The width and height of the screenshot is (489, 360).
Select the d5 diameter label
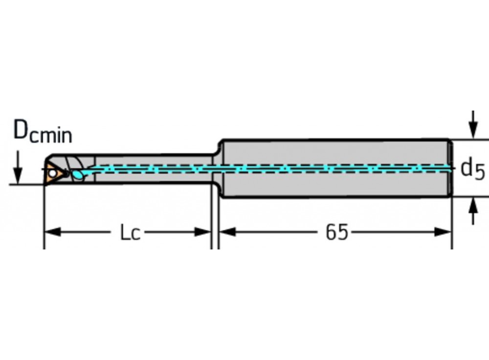point(472,169)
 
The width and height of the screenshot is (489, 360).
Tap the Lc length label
point(130,233)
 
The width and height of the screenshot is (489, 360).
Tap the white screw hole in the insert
point(51,173)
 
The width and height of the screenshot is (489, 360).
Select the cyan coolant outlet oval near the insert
point(77,174)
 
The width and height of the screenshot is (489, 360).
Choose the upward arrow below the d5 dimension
point(472,207)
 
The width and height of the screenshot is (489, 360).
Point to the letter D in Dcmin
point(21,130)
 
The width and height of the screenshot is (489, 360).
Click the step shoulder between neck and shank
point(218,152)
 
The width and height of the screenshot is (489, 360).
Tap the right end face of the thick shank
point(450,169)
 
